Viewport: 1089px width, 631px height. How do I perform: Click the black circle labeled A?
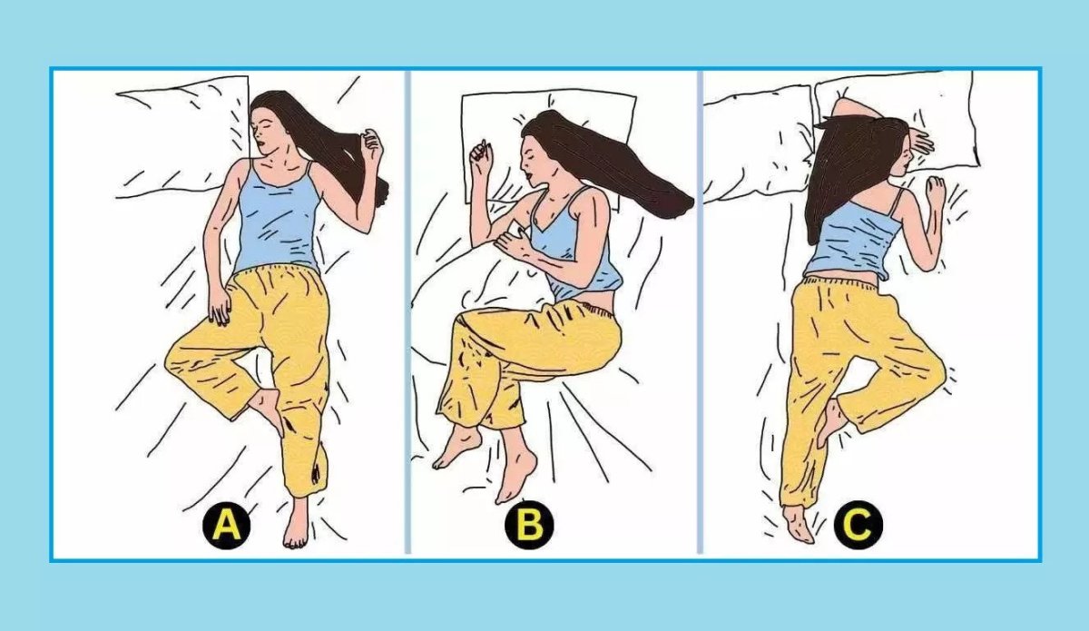coord(227,526)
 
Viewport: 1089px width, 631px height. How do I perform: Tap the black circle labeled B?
coord(529,526)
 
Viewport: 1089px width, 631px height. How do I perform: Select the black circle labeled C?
coord(858,526)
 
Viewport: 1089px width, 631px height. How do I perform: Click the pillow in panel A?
coord(182,138)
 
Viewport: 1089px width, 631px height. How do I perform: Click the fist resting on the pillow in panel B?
coord(481,153)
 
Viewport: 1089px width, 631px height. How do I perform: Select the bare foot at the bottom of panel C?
coord(798,524)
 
